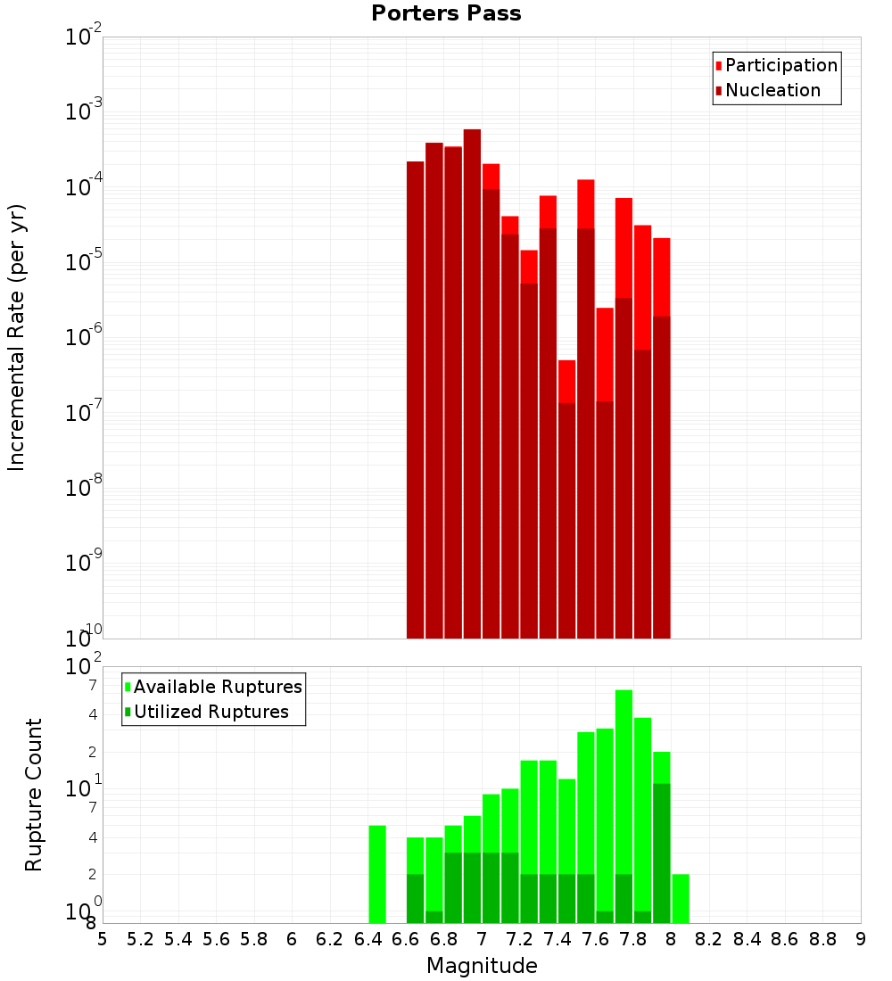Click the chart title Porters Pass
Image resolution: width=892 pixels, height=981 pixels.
[446, 13]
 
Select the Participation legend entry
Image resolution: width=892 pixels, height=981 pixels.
[780, 65]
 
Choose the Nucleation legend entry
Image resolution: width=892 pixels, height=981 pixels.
[772, 90]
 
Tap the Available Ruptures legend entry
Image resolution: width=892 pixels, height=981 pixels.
[217, 687]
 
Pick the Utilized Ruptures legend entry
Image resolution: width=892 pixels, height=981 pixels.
[211, 712]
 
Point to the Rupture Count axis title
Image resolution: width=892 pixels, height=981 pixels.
[34, 795]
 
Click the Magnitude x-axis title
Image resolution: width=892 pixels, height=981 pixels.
[482, 965]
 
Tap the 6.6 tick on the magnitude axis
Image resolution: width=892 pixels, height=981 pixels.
[406, 939]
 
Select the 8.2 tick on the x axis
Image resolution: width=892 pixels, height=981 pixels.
[709, 939]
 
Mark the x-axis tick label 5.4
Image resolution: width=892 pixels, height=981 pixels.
[178, 939]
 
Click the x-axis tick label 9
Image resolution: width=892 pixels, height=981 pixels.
[861, 939]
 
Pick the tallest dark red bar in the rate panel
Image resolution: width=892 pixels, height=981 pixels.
[472, 383]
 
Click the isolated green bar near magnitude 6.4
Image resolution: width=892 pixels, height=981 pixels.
[377, 874]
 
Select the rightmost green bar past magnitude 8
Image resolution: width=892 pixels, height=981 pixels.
[681, 898]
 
